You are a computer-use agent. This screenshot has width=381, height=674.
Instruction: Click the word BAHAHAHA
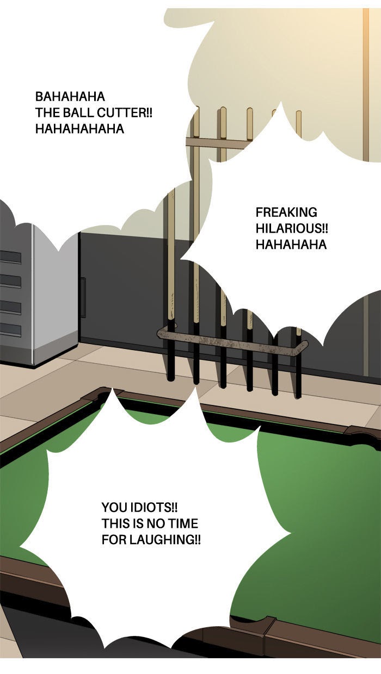point(70,97)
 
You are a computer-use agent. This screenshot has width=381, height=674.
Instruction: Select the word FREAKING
point(286,212)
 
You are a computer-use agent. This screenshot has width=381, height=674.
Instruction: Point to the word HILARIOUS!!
point(292,228)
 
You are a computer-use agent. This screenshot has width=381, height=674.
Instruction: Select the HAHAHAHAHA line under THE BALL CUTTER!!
point(79,129)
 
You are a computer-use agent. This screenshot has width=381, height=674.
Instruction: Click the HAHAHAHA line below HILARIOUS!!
point(291,245)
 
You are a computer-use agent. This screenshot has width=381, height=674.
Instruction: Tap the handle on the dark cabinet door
point(83,297)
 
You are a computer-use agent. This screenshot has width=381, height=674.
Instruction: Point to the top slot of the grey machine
point(10,257)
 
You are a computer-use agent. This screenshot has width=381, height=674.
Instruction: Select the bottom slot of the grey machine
point(10,329)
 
